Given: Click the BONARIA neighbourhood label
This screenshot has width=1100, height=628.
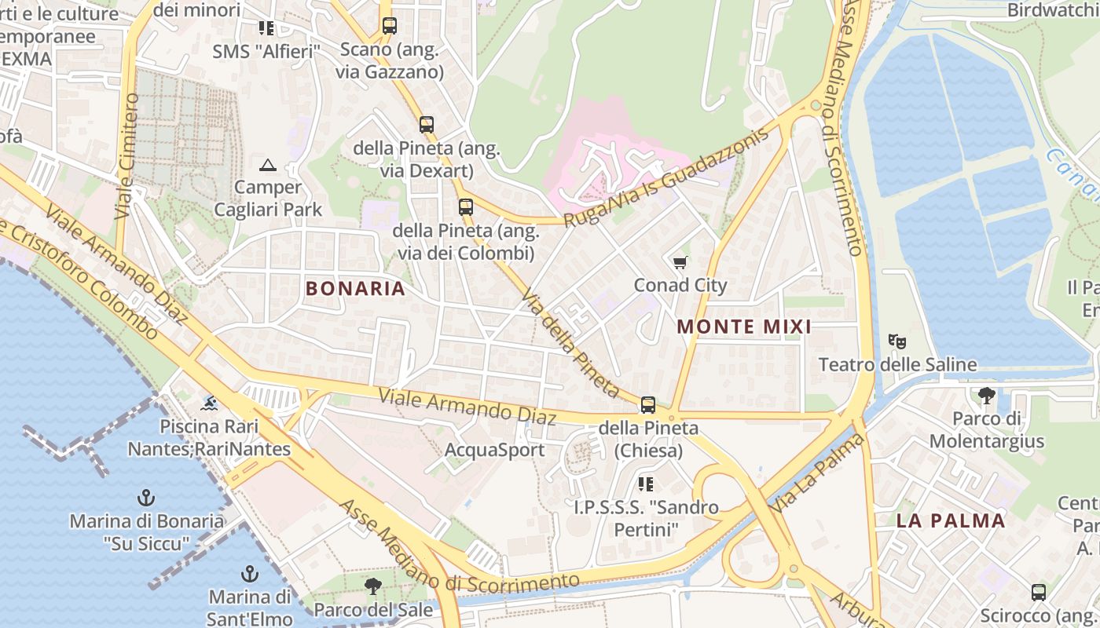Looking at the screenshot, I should point(355,288).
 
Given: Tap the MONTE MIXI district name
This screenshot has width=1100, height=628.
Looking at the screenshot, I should point(743,327).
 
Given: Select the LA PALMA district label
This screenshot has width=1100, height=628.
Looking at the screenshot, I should point(951,520).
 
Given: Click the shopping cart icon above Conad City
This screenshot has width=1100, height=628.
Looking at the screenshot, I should point(680,262).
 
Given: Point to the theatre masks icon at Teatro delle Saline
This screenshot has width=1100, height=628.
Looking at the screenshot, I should point(896,341).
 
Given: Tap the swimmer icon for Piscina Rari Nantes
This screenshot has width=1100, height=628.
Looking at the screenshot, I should point(209,403).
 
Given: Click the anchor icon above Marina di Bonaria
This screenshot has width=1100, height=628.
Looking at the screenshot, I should point(145,497).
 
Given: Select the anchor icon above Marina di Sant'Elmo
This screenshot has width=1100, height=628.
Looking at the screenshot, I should point(249,573).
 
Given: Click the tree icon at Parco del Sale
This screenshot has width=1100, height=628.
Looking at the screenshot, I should point(373,586).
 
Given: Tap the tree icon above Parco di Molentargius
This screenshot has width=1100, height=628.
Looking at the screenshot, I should point(986,396).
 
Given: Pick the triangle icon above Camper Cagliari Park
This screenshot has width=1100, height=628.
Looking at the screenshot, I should point(268,165).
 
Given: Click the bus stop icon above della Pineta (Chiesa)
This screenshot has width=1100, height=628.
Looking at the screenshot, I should point(647,405).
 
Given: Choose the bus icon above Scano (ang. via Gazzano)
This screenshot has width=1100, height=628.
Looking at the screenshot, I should point(389,26).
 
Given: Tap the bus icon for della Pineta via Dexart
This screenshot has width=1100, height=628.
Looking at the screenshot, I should point(426,124).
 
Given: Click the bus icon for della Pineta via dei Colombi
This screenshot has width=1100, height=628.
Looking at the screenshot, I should point(465,207).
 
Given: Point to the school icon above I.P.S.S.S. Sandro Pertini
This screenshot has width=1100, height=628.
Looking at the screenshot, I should point(646,484).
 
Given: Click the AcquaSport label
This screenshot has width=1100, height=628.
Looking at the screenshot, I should point(494,450).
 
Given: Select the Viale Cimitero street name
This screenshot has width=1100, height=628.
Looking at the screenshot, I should point(127,157).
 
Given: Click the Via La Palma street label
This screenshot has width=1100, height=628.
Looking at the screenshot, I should point(818,474).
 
